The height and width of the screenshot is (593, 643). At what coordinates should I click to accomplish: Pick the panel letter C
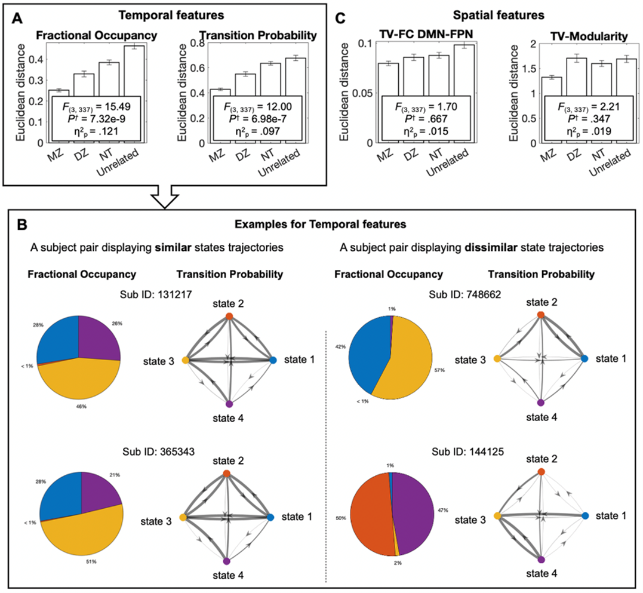click(340, 19)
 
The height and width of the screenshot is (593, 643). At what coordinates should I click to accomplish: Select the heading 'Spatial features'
click(499, 16)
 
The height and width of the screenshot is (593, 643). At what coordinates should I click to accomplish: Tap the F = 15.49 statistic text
click(96, 107)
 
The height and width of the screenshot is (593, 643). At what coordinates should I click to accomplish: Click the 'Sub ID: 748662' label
click(464, 295)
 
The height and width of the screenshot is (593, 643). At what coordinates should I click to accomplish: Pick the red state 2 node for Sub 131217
click(229, 316)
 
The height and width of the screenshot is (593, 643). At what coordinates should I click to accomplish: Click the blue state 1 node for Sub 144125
click(585, 515)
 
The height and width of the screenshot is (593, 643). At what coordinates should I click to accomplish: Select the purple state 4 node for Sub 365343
click(227, 561)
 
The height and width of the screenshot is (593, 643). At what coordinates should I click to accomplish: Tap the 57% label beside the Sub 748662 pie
click(439, 370)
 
